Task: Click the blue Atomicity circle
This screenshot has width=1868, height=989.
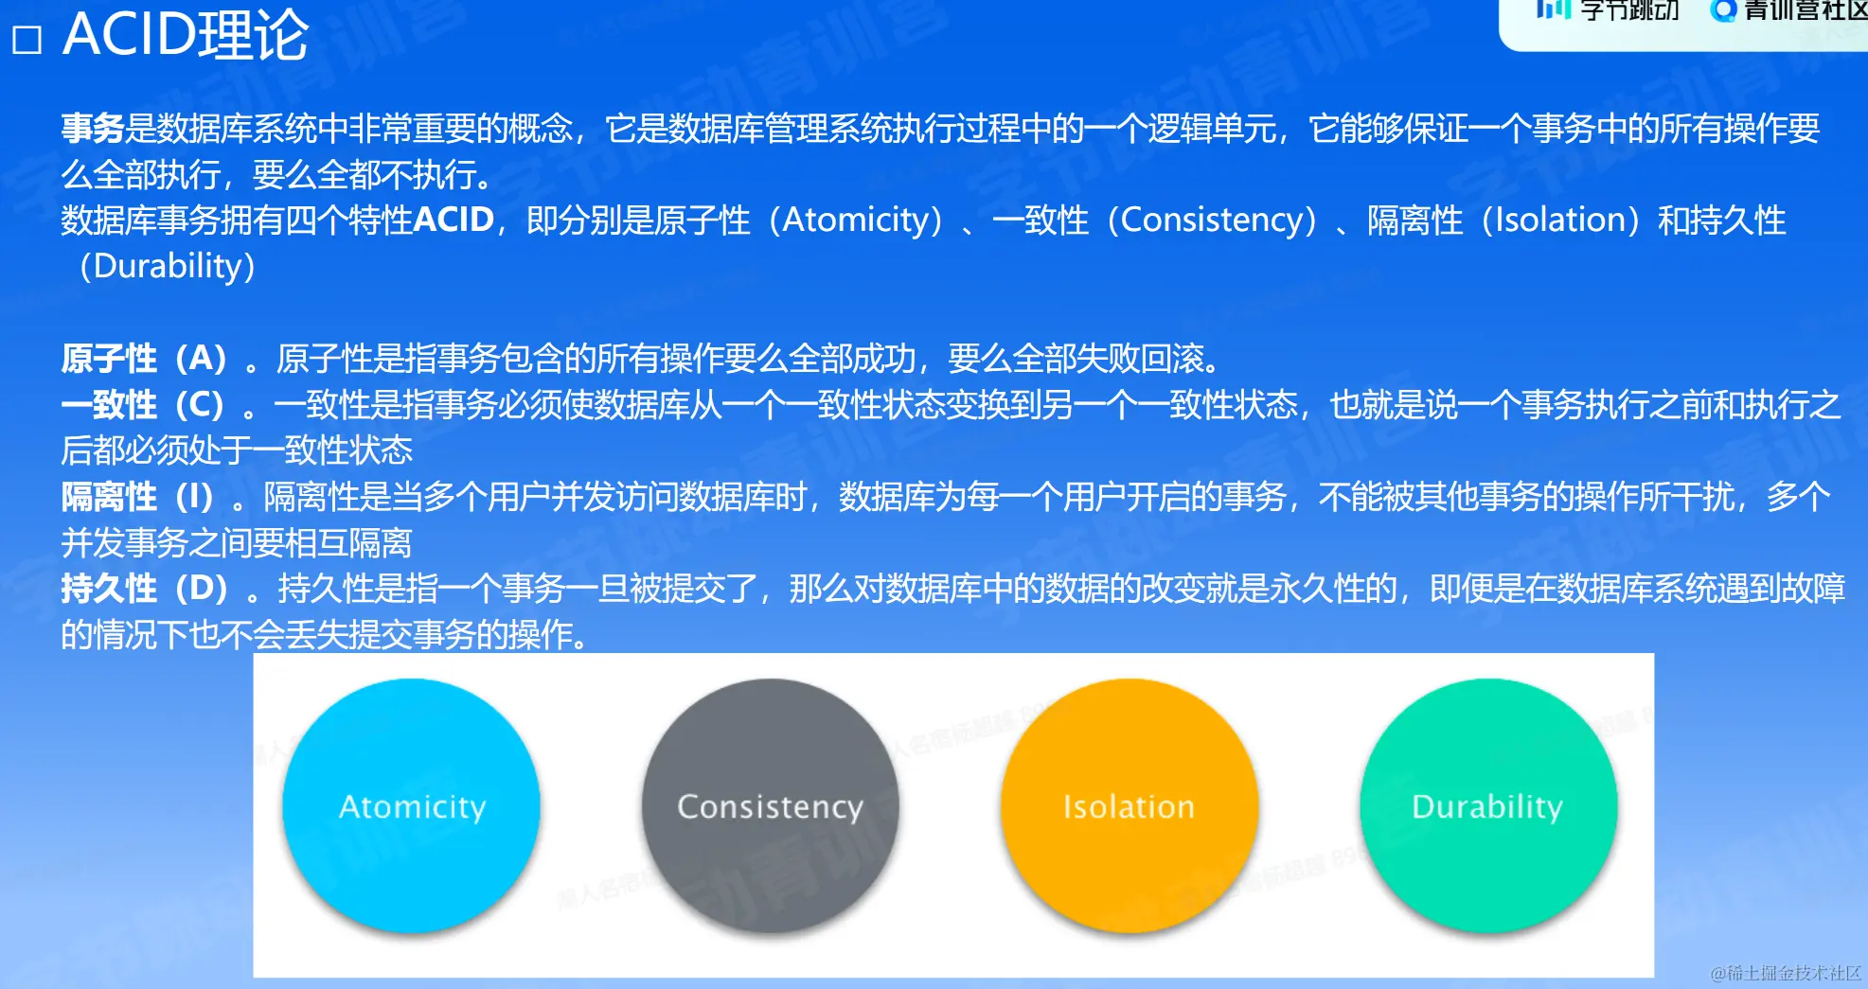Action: point(411,806)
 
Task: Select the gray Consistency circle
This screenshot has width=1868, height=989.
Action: point(770,806)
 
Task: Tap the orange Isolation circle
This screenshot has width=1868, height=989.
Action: point(1130,806)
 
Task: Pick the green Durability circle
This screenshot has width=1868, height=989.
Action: point(1488,806)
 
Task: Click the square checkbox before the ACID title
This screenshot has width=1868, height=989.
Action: point(27,40)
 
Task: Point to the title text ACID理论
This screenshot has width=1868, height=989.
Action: point(186,35)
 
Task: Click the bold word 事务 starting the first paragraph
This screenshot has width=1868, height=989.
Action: point(93,128)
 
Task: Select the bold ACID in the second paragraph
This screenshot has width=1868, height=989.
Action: point(454,220)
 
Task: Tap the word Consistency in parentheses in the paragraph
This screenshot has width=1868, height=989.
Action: point(1213,221)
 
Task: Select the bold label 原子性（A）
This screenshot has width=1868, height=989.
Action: point(145,359)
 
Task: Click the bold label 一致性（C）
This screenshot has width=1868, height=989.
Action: point(144,405)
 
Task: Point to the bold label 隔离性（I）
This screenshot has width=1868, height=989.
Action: point(139,497)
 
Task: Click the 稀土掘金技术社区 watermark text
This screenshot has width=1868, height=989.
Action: point(1786,973)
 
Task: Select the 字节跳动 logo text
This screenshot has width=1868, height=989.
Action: point(1629,10)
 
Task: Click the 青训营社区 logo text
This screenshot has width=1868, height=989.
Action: point(1805,10)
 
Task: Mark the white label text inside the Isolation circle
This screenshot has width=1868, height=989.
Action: point(1129,806)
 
